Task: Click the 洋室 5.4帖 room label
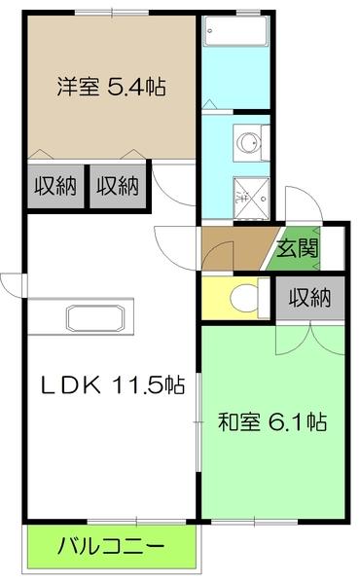click(x=110, y=87)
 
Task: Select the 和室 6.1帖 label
click(x=271, y=422)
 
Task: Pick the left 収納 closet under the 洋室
click(x=54, y=185)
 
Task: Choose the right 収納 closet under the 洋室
click(x=118, y=185)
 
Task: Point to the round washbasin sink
click(x=249, y=141)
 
